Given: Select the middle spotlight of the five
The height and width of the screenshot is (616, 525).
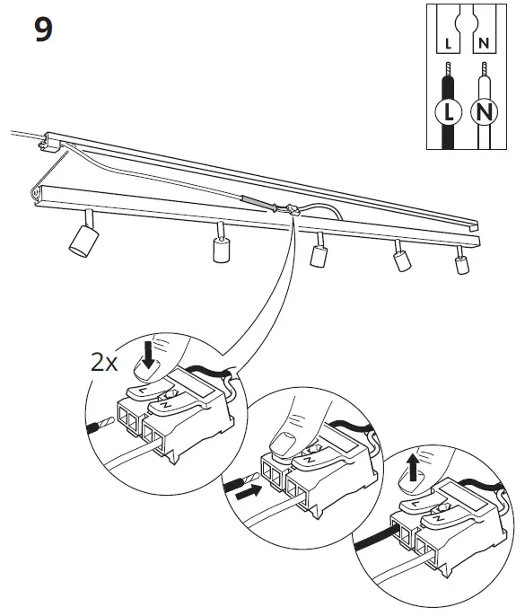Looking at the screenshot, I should coord(317,253).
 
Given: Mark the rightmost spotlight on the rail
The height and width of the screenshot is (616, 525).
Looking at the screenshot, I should coord(461,263).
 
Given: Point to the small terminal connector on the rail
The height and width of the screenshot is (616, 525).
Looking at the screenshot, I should coord(293,210).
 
